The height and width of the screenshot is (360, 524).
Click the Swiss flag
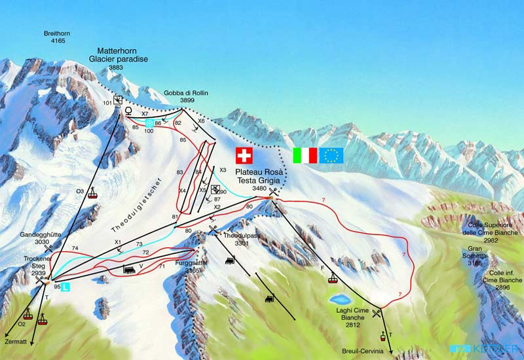point(244,155)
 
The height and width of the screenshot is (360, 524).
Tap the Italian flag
point(305,155)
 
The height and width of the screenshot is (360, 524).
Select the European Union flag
point(331,155)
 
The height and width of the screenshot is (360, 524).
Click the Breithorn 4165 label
point(56,36)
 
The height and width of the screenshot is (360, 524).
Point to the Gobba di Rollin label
point(186,97)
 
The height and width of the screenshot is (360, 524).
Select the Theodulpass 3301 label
point(237,239)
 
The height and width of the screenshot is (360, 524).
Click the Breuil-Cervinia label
point(364,350)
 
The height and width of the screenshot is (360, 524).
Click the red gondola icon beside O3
point(94,193)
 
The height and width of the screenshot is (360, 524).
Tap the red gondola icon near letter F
point(333,279)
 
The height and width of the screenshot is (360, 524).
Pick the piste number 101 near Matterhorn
point(108,102)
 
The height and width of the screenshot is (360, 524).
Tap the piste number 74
point(75,248)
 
